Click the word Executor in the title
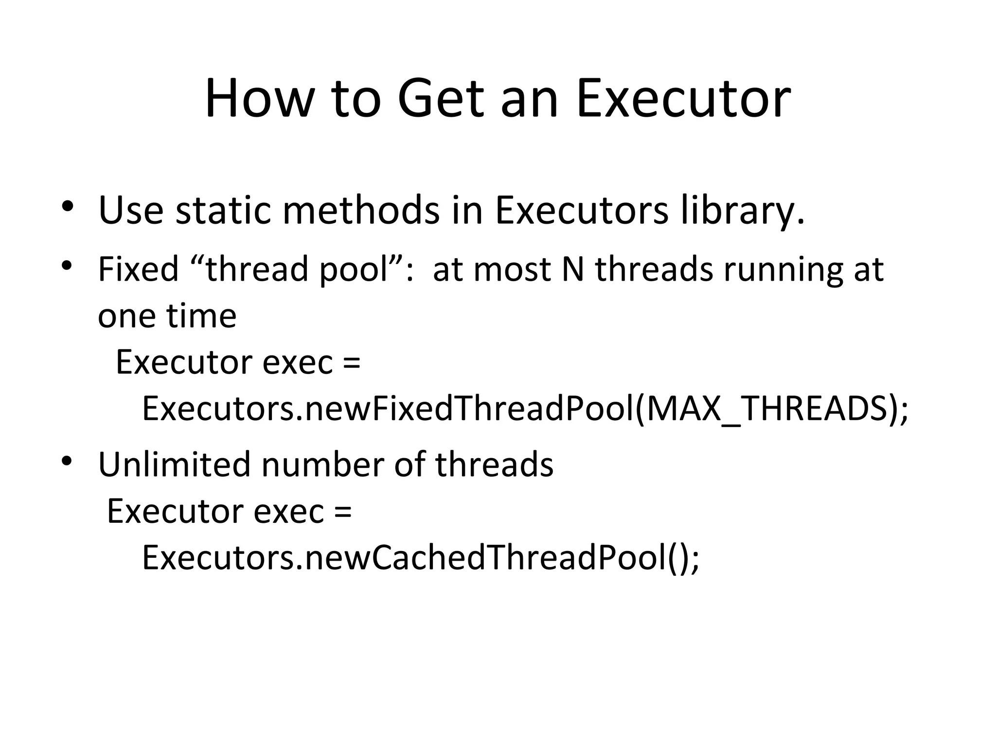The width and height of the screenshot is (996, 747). click(683, 99)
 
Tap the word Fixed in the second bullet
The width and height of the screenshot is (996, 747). click(138, 269)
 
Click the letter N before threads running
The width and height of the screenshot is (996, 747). click(572, 269)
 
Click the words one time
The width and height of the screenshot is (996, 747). click(167, 316)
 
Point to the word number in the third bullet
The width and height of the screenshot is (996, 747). click(322, 464)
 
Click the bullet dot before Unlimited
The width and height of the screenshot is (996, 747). click(67, 461)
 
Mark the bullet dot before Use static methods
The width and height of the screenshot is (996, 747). click(67, 206)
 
